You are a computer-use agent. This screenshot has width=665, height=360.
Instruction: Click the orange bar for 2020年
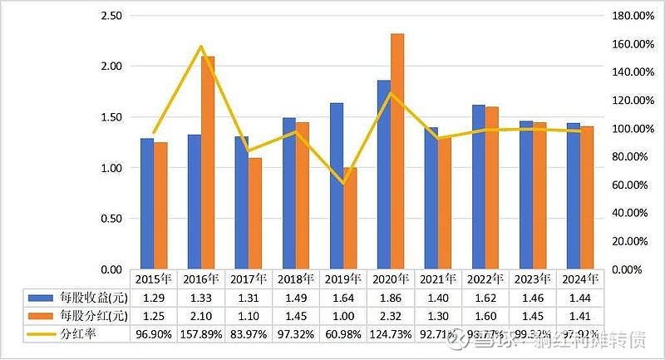(x=397, y=151)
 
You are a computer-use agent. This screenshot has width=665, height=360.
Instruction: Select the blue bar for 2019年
(x=336, y=186)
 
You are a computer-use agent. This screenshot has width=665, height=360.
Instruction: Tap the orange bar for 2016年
(x=208, y=163)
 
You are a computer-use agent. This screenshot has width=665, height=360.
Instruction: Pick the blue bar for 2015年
(x=146, y=204)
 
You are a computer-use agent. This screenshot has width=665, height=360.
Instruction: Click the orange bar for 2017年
(x=255, y=214)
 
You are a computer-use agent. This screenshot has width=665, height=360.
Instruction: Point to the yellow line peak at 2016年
(x=200, y=47)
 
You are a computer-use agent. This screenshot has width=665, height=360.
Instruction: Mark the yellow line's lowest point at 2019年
(x=342, y=183)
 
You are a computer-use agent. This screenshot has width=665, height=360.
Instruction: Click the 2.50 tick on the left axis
(x=110, y=16)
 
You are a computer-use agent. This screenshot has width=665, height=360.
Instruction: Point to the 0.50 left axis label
(x=110, y=219)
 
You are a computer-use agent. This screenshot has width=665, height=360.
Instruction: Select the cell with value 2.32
(x=392, y=316)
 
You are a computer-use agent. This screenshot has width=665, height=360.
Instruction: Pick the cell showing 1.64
(x=343, y=297)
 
